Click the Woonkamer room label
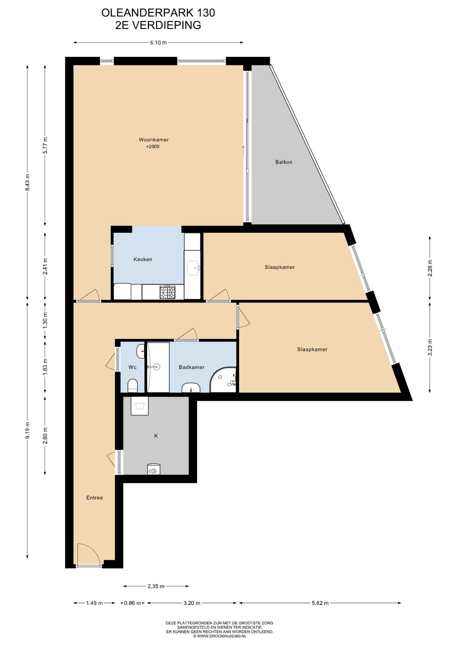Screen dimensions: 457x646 [154, 140]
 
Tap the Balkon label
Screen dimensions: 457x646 [284, 162]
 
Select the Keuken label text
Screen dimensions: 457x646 [143, 259]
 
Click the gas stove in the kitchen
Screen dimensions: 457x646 [167, 292]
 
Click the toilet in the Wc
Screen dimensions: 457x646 [133, 386]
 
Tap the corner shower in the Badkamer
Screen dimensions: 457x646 [223, 379]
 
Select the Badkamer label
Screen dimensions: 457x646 [191, 367]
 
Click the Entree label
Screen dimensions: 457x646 [95, 498]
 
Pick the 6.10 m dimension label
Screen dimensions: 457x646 [159, 43]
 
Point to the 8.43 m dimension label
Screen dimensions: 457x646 [28, 182]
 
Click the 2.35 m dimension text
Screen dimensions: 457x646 [156, 586]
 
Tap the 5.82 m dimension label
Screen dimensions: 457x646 [320, 603]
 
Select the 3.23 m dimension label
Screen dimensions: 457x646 [430, 347]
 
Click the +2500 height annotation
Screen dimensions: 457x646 [153, 147]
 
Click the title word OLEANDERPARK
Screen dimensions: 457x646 [147, 13]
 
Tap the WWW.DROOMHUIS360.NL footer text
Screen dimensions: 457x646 [222, 636]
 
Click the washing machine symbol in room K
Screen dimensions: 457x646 [140, 406]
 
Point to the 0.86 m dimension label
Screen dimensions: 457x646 [133, 603]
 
